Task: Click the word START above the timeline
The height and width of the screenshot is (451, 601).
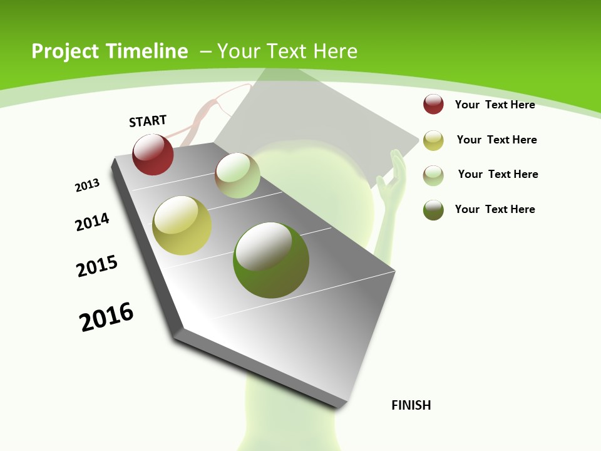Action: pyautogui.click(x=148, y=121)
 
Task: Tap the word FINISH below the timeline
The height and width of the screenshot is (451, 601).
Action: pyautogui.click(x=411, y=405)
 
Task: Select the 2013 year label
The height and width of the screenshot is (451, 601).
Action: pyautogui.click(x=87, y=185)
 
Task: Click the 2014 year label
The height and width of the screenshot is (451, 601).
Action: pyautogui.click(x=92, y=222)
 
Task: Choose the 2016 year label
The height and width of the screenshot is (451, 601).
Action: pyautogui.click(x=106, y=317)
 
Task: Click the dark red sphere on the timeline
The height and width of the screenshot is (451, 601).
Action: pyautogui.click(x=153, y=155)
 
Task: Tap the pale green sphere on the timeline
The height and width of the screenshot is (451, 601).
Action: pyautogui.click(x=237, y=175)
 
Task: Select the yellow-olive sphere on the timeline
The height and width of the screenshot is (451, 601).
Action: pyautogui.click(x=182, y=225)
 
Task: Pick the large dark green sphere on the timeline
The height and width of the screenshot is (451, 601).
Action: pyautogui.click(x=271, y=260)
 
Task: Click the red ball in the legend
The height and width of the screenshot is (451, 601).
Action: pyautogui.click(x=433, y=105)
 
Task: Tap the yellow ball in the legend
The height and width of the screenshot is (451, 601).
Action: pyautogui.click(x=433, y=140)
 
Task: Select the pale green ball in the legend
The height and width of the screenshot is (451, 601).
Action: pyautogui.click(x=433, y=175)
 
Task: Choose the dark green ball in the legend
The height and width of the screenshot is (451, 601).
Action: pyautogui.click(x=433, y=210)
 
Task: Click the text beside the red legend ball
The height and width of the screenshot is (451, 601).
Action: pyautogui.click(x=495, y=105)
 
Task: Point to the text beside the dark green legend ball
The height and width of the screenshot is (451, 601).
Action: pyautogui.click(x=495, y=209)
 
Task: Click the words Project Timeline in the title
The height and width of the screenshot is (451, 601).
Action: pyautogui.click(x=110, y=51)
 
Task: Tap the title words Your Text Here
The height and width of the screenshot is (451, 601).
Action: pyautogui.click(x=287, y=51)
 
